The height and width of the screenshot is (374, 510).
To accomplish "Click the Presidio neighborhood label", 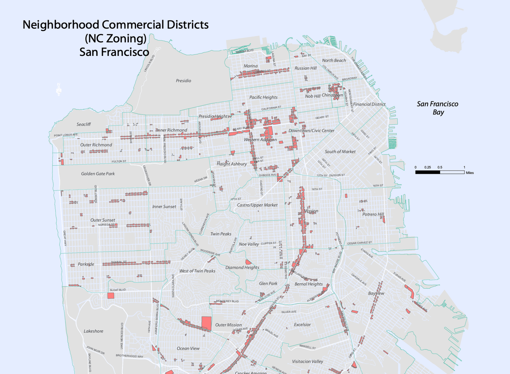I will click(183, 81).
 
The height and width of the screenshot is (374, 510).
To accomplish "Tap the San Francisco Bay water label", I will click(438, 108).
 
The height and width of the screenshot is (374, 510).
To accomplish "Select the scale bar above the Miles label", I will click(440, 172).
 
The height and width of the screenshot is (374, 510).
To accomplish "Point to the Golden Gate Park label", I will click(98, 174).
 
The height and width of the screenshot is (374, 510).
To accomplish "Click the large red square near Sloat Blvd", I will click(111, 296).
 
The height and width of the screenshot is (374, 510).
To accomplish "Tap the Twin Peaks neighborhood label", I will click(221, 234).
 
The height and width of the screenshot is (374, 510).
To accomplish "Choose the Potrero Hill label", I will click(373, 214).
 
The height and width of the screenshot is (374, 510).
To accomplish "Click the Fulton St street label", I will click(119, 161).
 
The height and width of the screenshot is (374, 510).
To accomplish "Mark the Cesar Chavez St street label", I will click(359, 243).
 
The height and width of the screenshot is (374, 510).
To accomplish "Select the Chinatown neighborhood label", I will click(332, 95).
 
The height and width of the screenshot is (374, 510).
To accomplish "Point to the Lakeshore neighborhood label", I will click(93, 331).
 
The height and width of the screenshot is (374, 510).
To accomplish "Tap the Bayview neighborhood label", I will click(376, 293).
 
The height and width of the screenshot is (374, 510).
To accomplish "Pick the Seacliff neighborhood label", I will click(84, 124).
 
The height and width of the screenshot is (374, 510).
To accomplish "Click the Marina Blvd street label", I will click(245, 51).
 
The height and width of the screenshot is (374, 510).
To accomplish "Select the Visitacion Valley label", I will click(307, 361).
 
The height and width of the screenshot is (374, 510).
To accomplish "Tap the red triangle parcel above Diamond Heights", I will click(248, 262).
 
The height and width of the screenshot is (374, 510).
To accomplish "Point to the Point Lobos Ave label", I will click(66, 135).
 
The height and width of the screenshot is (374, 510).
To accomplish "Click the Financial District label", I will click(369, 104).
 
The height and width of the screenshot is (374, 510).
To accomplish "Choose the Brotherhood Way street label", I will click(129, 356).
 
